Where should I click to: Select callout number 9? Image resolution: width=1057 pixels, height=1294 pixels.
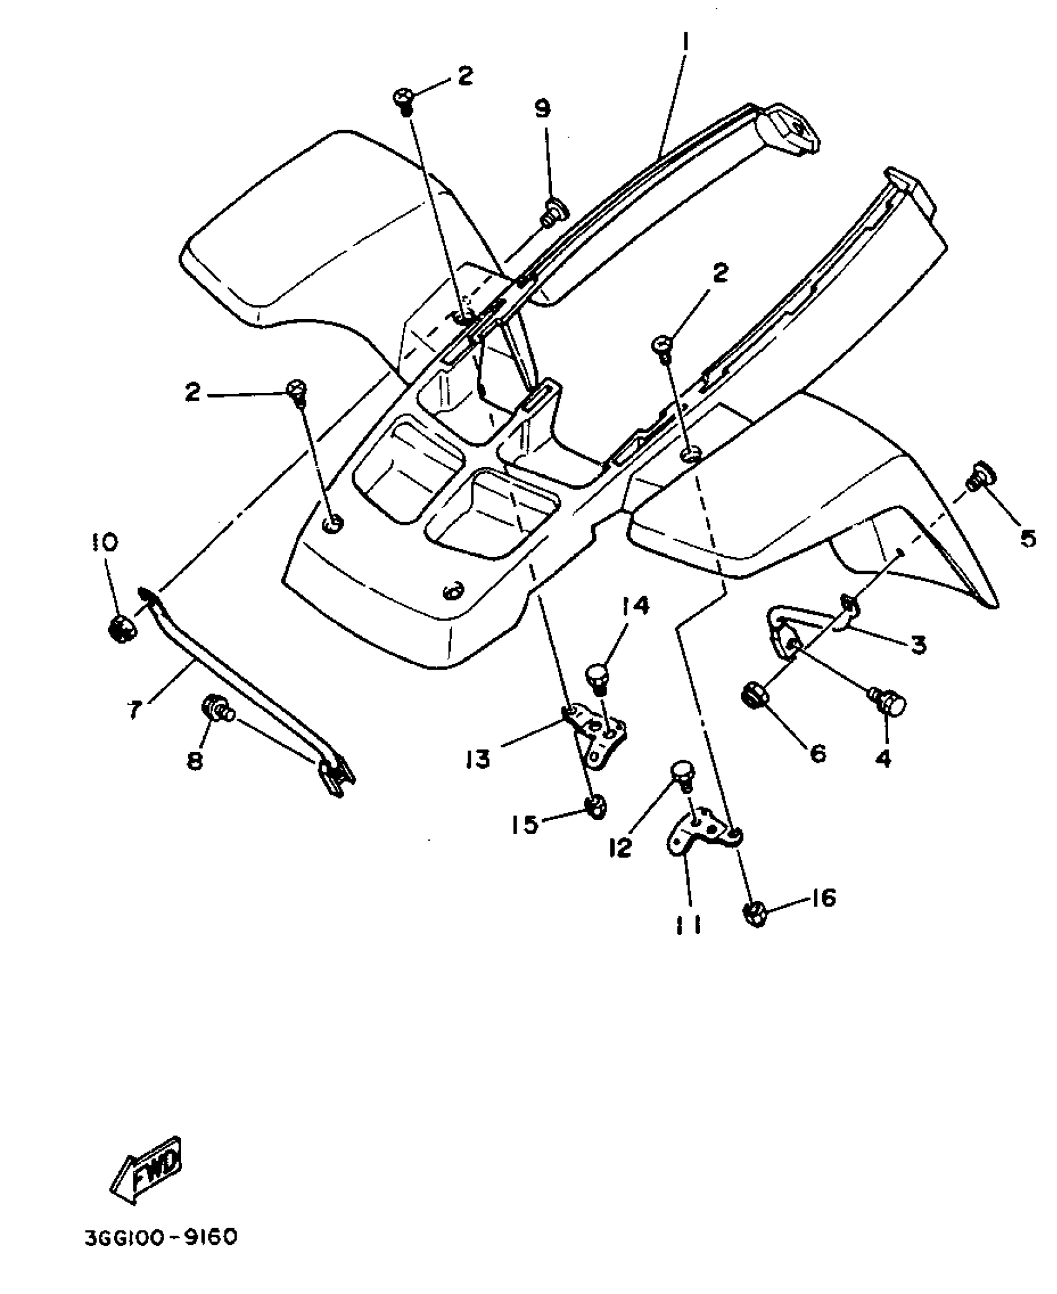tap(542, 109)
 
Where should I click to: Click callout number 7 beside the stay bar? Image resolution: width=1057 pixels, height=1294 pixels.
tap(136, 708)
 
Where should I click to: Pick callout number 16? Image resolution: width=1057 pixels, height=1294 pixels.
tap(824, 899)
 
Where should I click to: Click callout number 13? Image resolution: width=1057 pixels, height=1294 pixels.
tap(478, 759)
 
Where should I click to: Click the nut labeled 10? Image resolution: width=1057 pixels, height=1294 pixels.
tap(120, 629)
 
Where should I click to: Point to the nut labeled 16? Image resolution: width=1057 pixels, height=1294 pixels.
tap(754, 913)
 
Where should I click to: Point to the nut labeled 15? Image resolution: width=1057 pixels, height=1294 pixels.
tap(596, 807)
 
